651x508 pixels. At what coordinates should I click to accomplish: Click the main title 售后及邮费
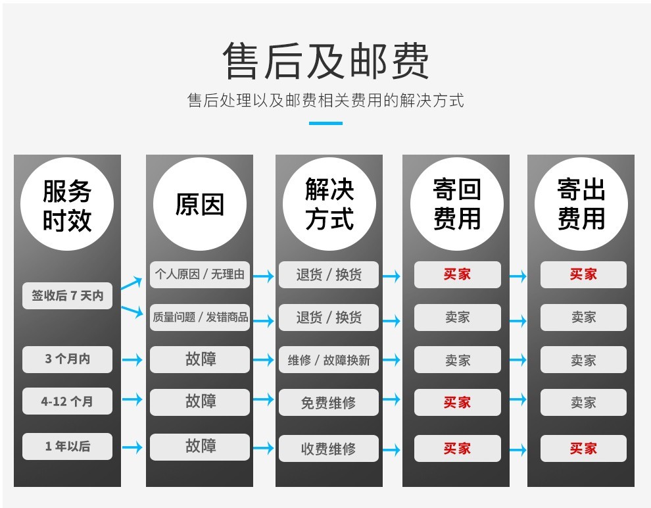click(326, 61)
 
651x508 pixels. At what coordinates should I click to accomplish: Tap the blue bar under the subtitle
click(326, 123)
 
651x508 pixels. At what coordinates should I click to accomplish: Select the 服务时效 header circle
click(67, 205)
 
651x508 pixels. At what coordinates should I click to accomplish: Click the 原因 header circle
click(200, 205)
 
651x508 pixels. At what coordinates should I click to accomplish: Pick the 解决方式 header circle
click(329, 205)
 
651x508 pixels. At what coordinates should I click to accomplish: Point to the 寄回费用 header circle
click(457, 205)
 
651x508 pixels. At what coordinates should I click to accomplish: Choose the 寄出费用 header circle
click(581, 205)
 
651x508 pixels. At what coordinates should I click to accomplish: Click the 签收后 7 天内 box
click(67, 295)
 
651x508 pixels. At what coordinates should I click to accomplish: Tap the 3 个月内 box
click(67, 359)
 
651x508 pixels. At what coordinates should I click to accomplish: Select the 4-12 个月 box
click(67, 401)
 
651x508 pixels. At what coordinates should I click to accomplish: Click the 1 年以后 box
click(67, 447)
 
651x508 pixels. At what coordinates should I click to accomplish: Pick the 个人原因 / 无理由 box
click(200, 274)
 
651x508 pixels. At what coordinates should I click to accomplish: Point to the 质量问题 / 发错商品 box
click(200, 317)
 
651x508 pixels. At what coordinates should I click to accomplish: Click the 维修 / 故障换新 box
click(329, 360)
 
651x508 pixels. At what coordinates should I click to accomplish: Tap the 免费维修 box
click(329, 403)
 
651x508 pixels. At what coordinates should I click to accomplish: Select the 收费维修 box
click(329, 449)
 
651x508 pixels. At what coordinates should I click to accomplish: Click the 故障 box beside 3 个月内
click(200, 359)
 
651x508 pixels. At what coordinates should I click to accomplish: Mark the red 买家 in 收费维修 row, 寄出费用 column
click(583, 448)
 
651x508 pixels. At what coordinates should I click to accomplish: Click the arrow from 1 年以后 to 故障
click(132, 447)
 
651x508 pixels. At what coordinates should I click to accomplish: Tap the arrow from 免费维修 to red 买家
click(391, 399)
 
